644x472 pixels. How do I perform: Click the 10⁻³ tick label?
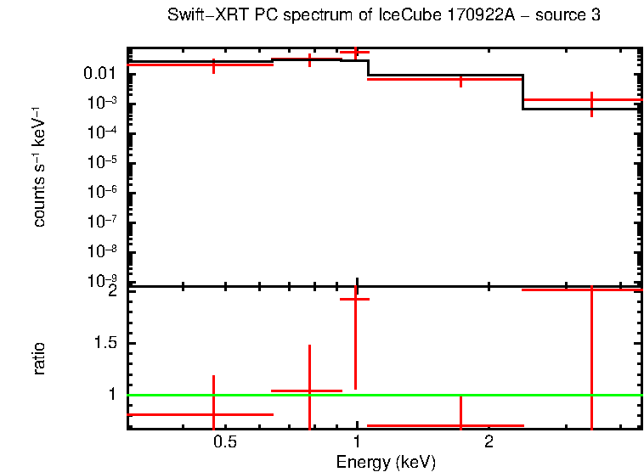104,103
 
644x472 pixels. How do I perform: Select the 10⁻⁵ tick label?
104,161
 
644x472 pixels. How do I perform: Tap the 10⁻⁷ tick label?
104,221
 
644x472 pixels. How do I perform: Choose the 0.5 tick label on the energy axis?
224,442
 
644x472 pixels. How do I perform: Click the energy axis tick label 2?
489,442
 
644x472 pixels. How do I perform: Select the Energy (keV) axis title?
386,462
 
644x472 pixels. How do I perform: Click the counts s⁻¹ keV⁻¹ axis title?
39,166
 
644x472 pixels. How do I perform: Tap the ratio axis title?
39,358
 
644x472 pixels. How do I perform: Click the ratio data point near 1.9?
355,299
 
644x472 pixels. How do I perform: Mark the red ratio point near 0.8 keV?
309,391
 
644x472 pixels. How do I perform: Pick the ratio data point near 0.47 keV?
213,414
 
